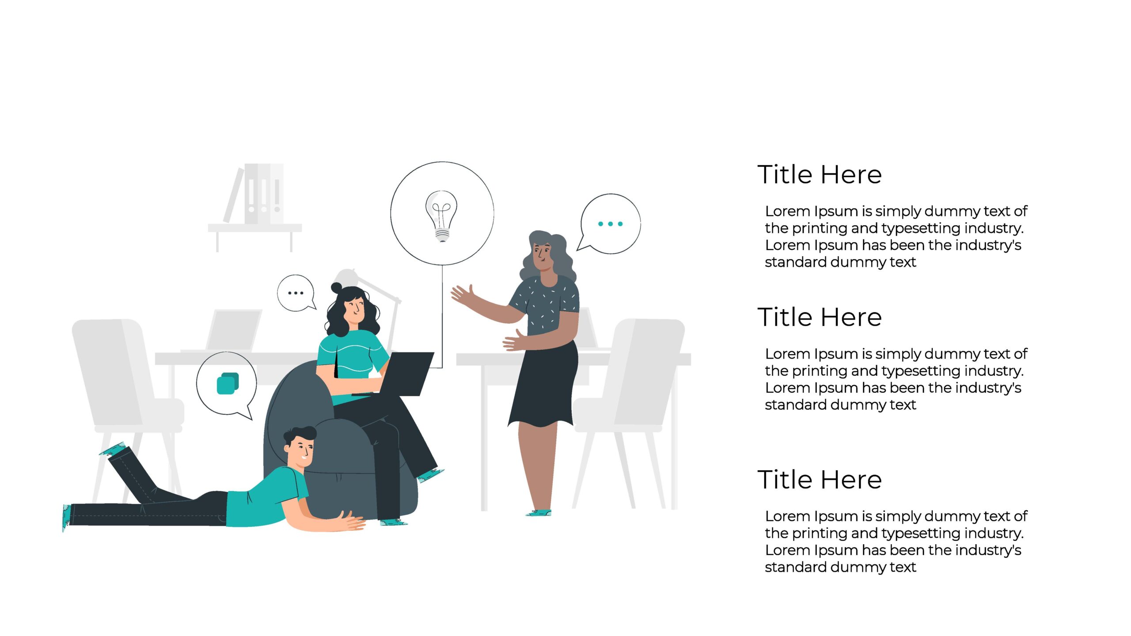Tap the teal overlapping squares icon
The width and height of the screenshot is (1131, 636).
[x=228, y=383]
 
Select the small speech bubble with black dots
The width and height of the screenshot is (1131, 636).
[x=296, y=293]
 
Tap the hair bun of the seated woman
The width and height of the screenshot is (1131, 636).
[x=337, y=288]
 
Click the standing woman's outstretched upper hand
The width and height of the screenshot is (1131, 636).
[x=462, y=295]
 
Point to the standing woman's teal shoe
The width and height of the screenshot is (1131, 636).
[x=539, y=513]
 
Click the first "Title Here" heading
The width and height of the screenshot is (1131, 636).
[x=820, y=174]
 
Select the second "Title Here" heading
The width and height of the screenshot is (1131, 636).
[x=820, y=317]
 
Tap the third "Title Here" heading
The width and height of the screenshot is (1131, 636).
[x=820, y=480]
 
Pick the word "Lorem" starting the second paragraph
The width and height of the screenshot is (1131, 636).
[x=787, y=354]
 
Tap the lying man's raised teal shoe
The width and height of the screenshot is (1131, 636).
[x=112, y=449]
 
